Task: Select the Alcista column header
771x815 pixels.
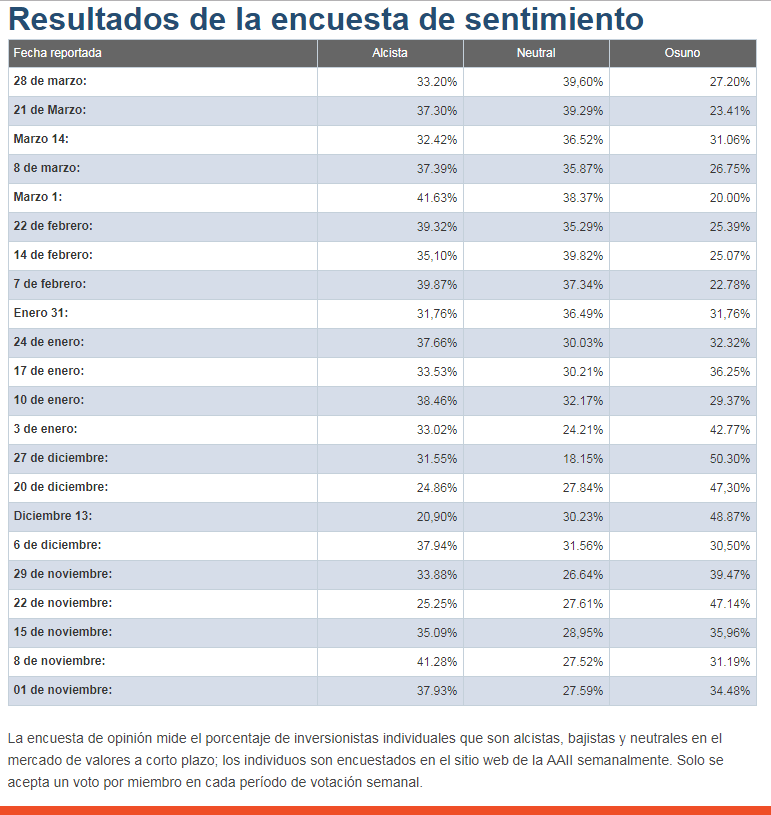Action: click(x=390, y=53)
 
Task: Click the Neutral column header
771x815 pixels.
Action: click(x=536, y=53)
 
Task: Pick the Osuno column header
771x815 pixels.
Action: click(x=682, y=53)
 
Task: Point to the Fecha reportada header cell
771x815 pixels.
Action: click(x=58, y=53)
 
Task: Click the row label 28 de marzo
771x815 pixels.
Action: click(x=50, y=81)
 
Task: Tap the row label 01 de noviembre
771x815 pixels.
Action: click(x=63, y=690)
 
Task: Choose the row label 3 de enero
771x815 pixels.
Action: click(x=45, y=429)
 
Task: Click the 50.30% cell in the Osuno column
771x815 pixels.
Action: click(x=729, y=458)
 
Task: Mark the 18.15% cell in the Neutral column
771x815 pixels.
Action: click(x=583, y=458)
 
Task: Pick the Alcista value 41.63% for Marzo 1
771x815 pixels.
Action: click(x=437, y=197)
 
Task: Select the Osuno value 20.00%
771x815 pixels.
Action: click(x=729, y=197)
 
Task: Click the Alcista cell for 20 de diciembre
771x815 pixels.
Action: click(x=437, y=487)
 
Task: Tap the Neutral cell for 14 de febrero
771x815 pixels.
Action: click(x=583, y=255)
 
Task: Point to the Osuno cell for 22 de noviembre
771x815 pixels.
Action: click(x=729, y=603)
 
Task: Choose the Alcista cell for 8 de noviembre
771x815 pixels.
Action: click(x=437, y=661)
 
